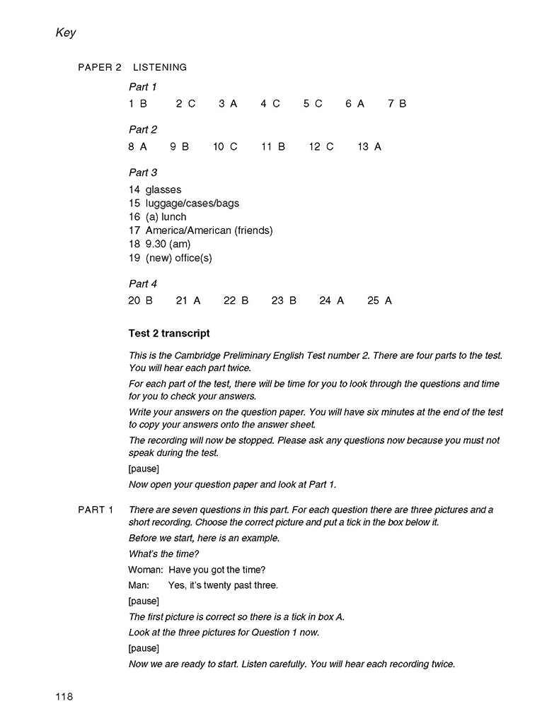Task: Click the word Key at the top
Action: pos(65,33)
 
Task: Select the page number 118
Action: pos(64,697)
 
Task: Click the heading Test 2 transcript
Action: pos(169,333)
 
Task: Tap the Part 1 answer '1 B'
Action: pos(138,104)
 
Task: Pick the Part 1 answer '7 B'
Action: pos(397,104)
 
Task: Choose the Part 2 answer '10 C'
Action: pos(225,147)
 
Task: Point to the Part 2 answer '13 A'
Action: pos(369,147)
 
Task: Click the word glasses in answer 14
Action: pos(163,190)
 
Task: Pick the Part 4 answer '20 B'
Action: pos(140,301)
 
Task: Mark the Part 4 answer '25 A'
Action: pos(379,301)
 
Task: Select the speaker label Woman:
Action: pos(146,570)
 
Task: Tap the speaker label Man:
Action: pos(139,585)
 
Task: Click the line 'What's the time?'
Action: pos(163,554)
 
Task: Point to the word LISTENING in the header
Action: pos(160,68)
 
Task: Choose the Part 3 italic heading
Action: pos(143,172)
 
